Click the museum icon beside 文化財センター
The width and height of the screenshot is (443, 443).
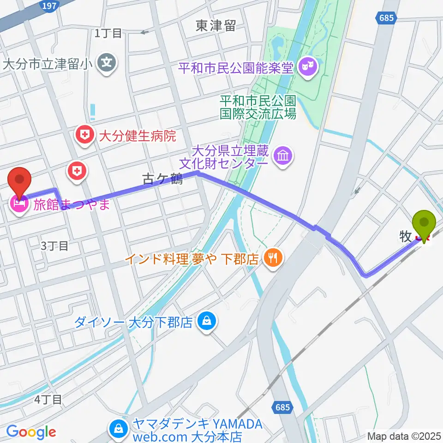click(281, 157)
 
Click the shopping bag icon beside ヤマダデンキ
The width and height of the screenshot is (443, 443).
click(119, 428)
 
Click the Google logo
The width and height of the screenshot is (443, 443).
click(31, 432)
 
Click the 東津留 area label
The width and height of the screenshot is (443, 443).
click(216, 26)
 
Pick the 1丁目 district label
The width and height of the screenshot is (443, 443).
click(108, 33)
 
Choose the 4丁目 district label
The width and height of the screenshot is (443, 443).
click(48, 399)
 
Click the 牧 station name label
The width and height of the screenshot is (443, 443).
click(405, 237)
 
